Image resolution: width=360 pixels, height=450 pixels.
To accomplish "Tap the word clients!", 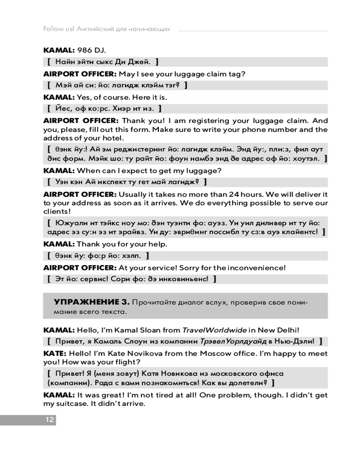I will coord(57,211).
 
